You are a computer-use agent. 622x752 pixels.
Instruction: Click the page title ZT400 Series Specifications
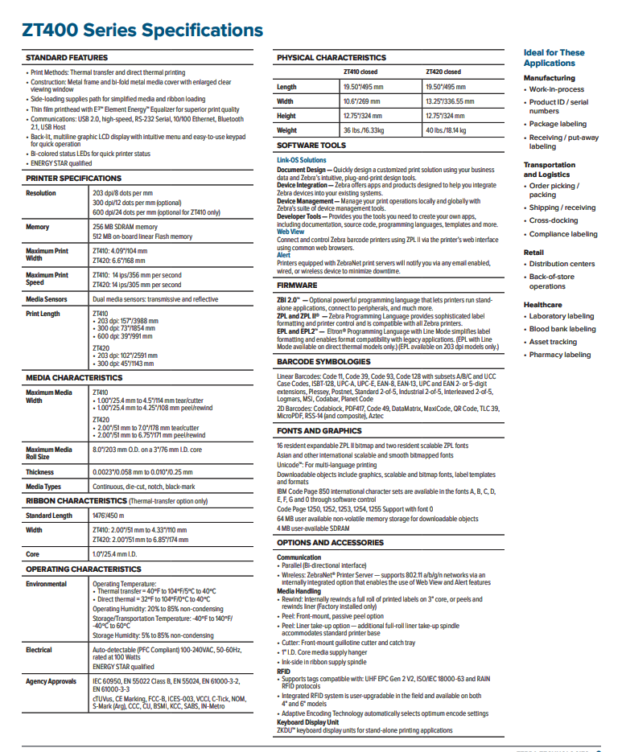[x=142, y=31]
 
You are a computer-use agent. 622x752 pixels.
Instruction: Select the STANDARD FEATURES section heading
[x=67, y=58]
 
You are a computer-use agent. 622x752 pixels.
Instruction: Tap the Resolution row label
[x=41, y=193]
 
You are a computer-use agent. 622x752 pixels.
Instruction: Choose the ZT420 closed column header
[x=443, y=72]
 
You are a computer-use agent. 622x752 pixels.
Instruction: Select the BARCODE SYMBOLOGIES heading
[x=324, y=362]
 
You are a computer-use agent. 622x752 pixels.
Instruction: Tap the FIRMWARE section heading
[x=299, y=285]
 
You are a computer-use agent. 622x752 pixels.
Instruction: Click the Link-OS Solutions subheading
[x=302, y=160]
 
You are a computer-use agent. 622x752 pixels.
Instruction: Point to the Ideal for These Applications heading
[x=554, y=58]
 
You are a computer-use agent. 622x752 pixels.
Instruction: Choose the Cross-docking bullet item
[x=554, y=220]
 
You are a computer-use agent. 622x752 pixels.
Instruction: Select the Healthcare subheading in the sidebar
[x=543, y=305]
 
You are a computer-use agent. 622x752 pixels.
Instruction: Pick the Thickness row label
[x=40, y=472]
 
